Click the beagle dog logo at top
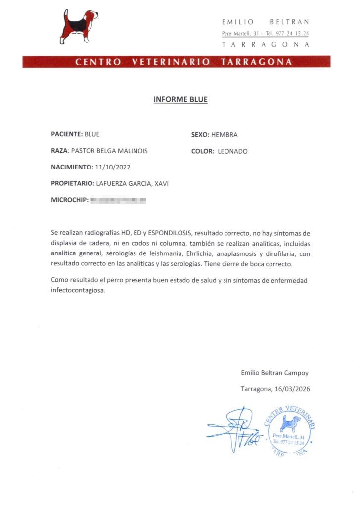pos(79,26)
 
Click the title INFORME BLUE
pos(180,100)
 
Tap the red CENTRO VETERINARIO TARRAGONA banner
pos(177,62)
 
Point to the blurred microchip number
pos(119,200)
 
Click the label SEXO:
pos(200,135)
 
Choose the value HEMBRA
pos(225,135)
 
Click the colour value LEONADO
pos(232,151)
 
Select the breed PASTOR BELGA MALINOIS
pos(109,151)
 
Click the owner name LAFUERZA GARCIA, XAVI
pos(133,184)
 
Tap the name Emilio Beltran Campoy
pos(274,373)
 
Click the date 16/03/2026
pos(293,389)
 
